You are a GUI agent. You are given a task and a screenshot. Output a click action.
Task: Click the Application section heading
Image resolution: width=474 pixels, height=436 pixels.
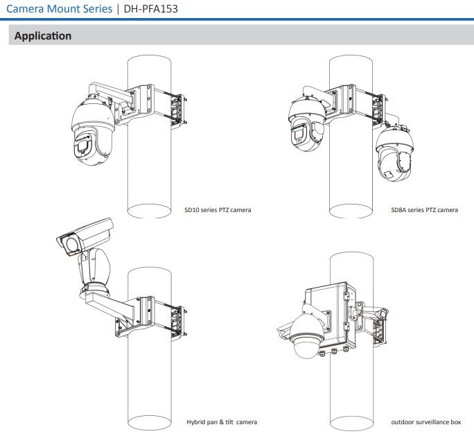click(x=43, y=36)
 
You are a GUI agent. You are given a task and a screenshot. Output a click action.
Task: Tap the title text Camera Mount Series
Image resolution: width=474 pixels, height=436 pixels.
click(x=59, y=10)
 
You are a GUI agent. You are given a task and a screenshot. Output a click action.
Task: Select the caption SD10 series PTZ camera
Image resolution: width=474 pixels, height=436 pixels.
click(x=218, y=209)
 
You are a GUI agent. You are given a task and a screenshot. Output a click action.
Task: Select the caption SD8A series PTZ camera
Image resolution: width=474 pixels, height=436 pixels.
click(x=424, y=209)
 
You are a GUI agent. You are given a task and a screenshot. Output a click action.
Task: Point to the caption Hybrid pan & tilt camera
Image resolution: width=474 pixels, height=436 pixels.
click(x=222, y=421)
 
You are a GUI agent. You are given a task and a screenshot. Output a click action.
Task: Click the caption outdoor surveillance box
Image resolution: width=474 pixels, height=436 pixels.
click(x=426, y=421)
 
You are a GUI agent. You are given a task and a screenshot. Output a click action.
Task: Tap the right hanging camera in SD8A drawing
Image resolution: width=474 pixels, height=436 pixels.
click(x=395, y=156)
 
